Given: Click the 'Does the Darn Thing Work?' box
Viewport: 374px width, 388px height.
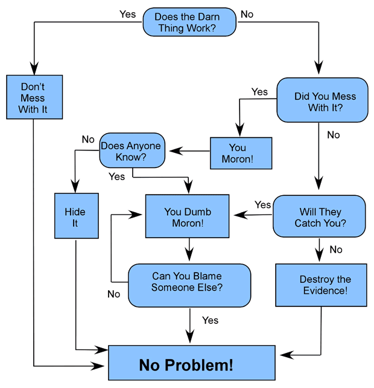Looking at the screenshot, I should pyautogui.click(x=188, y=22).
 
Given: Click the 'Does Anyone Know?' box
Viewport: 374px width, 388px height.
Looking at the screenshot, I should pyautogui.click(x=132, y=150).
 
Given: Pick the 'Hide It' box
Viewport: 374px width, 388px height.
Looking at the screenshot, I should pyautogui.click(x=76, y=216).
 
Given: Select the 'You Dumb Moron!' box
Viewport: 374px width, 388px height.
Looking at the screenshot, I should pyautogui.click(x=188, y=216).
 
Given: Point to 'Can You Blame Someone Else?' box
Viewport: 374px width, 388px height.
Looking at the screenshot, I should pyautogui.click(x=189, y=281).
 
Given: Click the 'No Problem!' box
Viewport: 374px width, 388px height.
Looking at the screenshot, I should pyautogui.click(x=191, y=364).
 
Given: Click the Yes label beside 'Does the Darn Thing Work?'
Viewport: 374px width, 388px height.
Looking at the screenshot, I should pyautogui.click(x=128, y=14).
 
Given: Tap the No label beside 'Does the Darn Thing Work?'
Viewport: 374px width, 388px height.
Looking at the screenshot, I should pyautogui.click(x=247, y=14).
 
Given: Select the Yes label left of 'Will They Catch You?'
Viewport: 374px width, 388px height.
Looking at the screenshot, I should pyautogui.click(x=263, y=204).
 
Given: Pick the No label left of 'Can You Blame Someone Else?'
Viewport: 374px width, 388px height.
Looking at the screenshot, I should pyautogui.click(x=114, y=294).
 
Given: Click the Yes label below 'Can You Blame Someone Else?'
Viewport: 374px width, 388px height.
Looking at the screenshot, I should pyautogui.click(x=211, y=320).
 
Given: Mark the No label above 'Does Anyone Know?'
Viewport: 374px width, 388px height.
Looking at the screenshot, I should pyautogui.click(x=88, y=140).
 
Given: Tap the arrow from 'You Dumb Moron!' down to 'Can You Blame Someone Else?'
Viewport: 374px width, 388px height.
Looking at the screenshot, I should pyautogui.click(x=190, y=250).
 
